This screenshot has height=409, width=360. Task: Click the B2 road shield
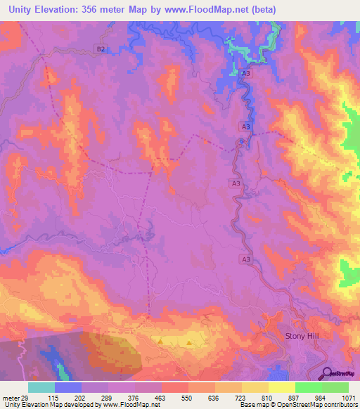click(x=101, y=48)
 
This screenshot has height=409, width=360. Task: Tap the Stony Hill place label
click(x=302, y=337)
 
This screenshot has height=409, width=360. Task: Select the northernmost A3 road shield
click(x=245, y=72)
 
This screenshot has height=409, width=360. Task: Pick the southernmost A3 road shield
click(x=246, y=259)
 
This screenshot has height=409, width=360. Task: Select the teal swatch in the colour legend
click(x=41, y=387)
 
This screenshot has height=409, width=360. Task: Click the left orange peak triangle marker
click(x=161, y=342)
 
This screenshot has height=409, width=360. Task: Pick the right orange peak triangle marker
click(x=189, y=343)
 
